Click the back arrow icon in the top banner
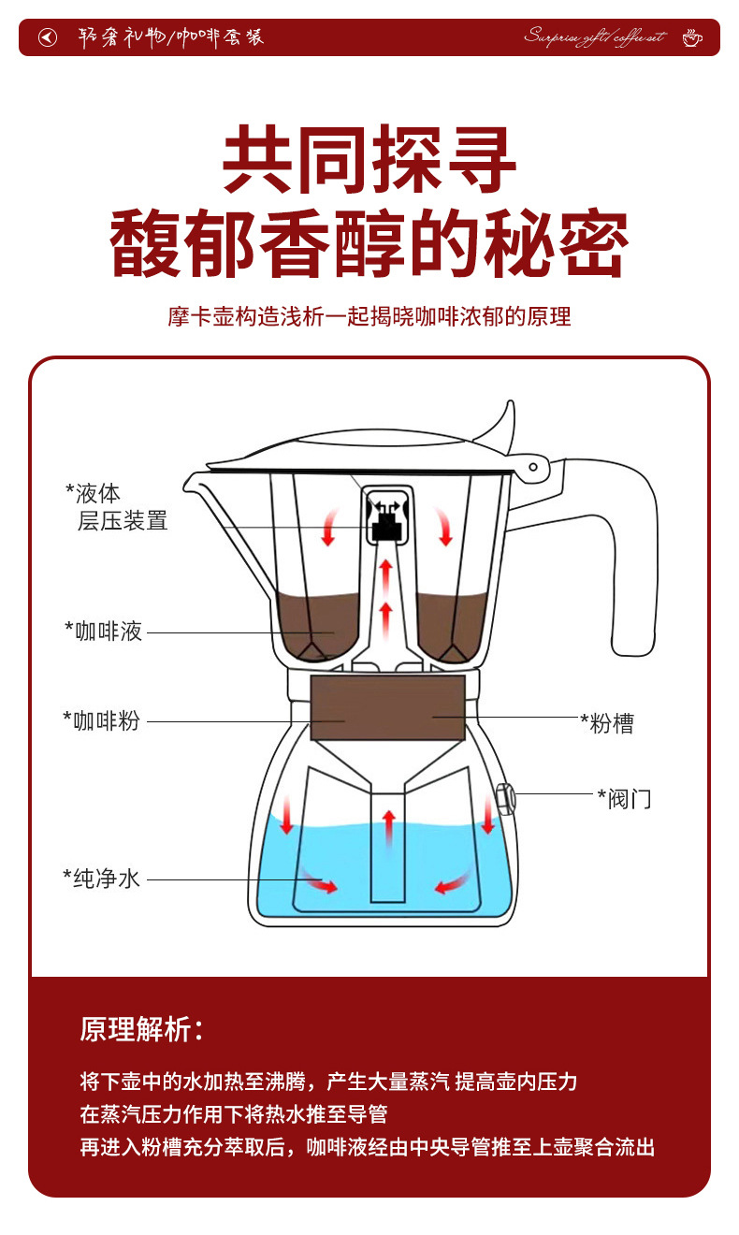pos(48,37)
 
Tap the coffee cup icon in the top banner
pos(691,37)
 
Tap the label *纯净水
pos(102,879)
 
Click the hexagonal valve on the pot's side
pos(503,798)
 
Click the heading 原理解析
pos(140,1029)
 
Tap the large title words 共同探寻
pos(369,161)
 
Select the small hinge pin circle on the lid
pos(533,466)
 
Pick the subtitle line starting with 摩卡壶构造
pos(369,316)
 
